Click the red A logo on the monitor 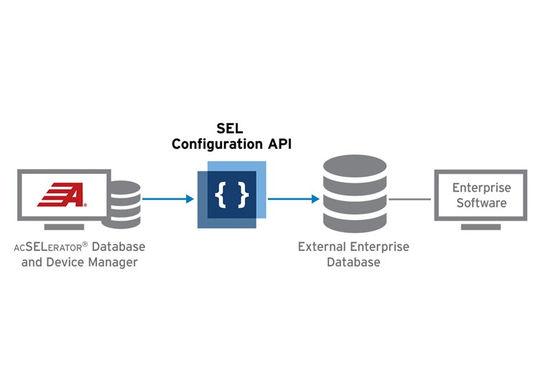(x=63, y=195)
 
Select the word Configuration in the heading (x=213, y=144)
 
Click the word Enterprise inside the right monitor (x=481, y=188)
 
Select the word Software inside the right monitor (x=481, y=203)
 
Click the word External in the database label (x=320, y=247)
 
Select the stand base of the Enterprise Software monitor (x=481, y=226)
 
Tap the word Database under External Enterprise (x=353, y=262)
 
